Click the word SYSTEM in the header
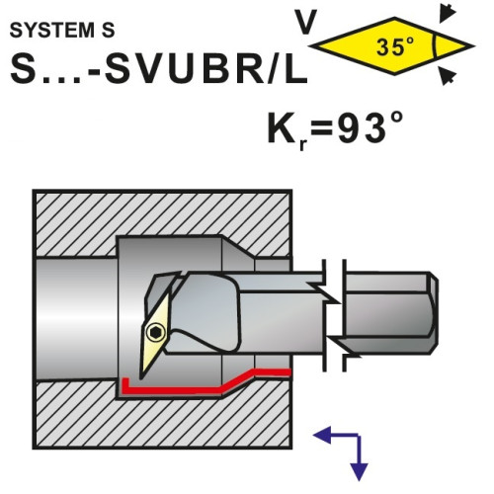(x=51, y=31)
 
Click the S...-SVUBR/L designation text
(x=159, y=69)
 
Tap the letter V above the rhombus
(x=306, y=22)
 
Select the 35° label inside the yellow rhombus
(x=395, y=46)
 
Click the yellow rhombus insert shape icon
(x=392, y=46)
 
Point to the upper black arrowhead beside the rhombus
(x=448, y=14)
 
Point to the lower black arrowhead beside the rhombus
(x=448, y=76)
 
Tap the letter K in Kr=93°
(x=282, y=128)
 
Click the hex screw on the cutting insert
(x=155, y=333)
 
